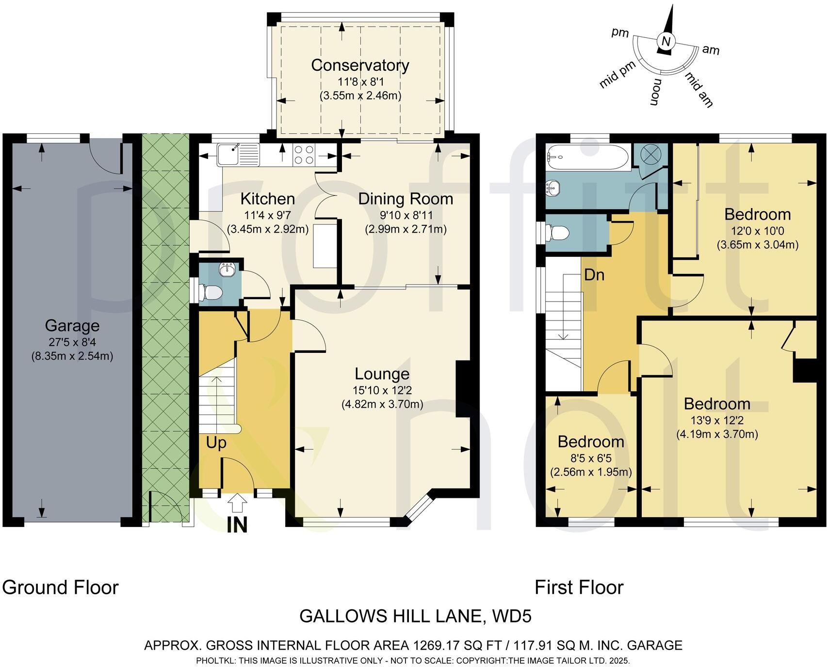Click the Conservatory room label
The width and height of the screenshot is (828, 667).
tap(360, 65)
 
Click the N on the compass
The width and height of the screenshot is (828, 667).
tap(666, 42)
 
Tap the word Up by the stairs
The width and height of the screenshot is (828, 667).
tap(216, 442)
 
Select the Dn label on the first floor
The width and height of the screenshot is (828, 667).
tap(594, 275)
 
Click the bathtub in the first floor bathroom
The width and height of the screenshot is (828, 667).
tap(587, 157)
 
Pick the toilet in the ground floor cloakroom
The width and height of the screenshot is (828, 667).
tap(212, 292)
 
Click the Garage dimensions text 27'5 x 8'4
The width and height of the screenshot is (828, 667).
tap(72, 341)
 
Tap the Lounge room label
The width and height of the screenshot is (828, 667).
tap(382, 373)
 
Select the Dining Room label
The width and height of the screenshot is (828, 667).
tap(406, 199)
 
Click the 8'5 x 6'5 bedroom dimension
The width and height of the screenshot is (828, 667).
tap(590, 457)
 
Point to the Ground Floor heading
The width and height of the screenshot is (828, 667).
tap(60, 587)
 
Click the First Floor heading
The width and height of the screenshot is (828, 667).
tap(579, 587)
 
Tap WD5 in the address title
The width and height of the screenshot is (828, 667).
tap(512, 616)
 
